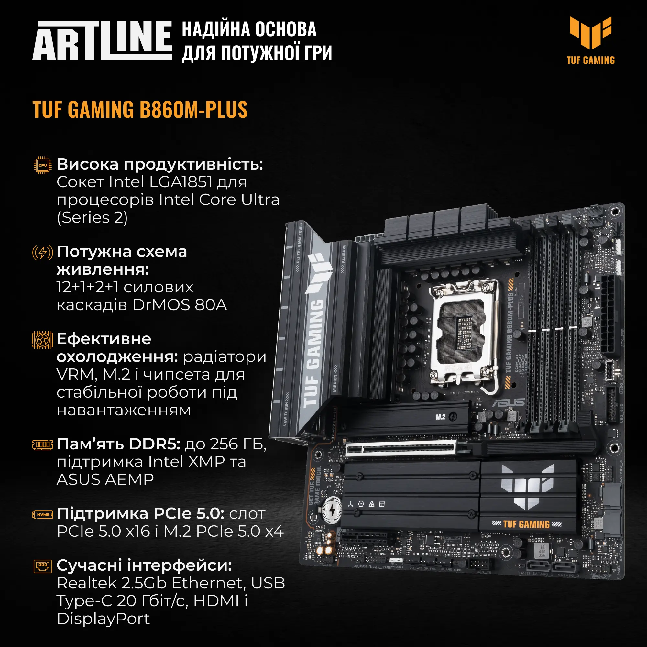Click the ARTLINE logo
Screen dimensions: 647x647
(102, 40)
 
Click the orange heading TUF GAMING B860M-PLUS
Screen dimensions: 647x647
(140, 110)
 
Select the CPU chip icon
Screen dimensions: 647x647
(42, 165)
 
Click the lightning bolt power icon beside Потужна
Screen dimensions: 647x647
(42, 253)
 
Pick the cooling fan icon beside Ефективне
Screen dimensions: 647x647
(42, 340)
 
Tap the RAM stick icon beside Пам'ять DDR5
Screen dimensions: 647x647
(42, 445)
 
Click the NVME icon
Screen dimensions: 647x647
(42, 514)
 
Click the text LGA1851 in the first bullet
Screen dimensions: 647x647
(181, 182)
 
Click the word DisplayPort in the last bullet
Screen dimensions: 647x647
(103, 619)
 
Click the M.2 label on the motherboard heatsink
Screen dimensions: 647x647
(440, 417)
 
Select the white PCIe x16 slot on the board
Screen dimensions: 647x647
(400, 448)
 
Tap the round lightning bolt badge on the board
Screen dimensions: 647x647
(332, 510)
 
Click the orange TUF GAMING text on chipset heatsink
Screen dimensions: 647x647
(526, 524)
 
